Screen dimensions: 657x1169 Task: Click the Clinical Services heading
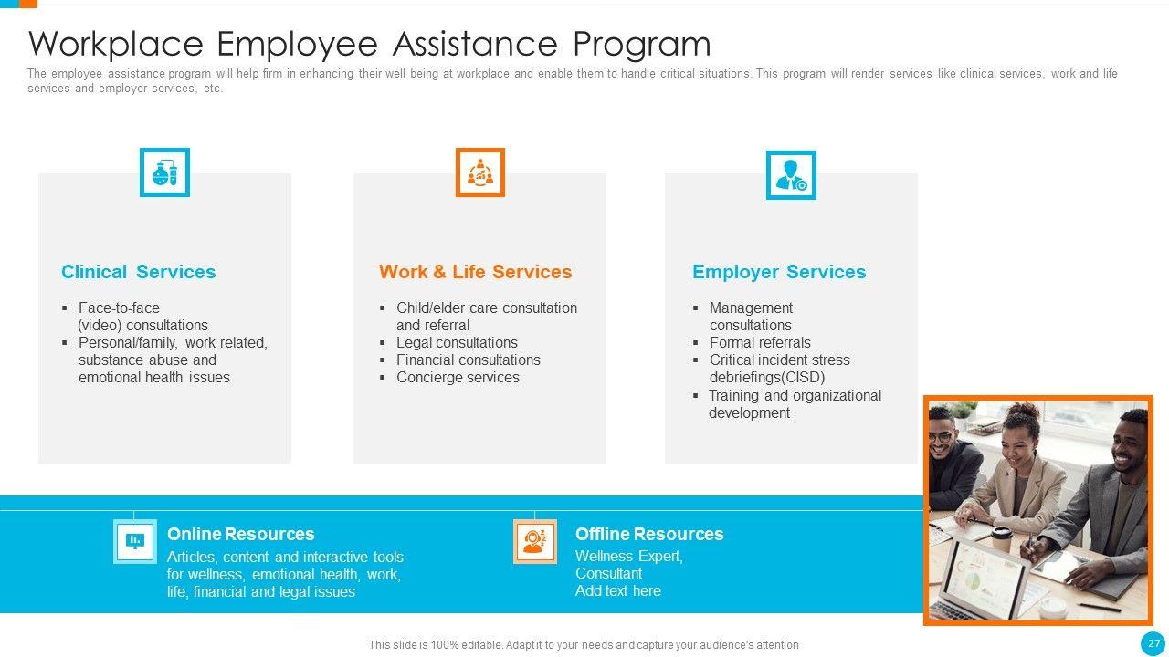(138, 272)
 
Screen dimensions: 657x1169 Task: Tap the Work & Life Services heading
(475, 272)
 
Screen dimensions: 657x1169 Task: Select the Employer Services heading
(779, 272)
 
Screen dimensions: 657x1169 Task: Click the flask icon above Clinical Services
(164, 172)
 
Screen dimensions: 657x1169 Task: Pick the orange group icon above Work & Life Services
(479, 172)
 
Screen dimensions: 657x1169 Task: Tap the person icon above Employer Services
(790, 175)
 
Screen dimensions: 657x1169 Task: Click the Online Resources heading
(240, 534)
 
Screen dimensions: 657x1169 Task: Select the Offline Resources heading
(648, 534)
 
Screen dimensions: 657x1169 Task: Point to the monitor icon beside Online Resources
(135, 541)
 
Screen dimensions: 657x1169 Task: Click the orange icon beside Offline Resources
(534, 541)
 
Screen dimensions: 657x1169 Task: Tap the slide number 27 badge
(1153, 643)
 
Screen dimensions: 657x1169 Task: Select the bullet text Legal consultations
(457, 343)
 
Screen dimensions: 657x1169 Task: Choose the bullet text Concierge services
(458, 378)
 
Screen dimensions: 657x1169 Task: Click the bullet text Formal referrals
(760, 343)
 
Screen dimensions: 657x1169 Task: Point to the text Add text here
(617, 591)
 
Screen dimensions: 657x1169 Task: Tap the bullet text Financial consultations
(468, 360)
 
